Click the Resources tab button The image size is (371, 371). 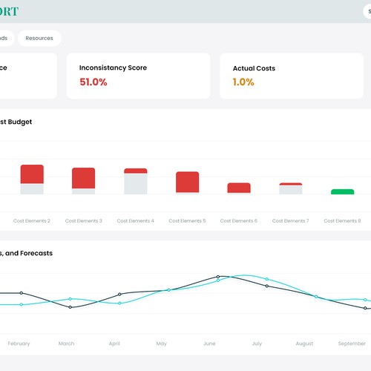click(x=39, y=38)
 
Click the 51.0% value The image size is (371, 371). click(x=93, y=82)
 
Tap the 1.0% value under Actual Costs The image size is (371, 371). click(x=243, y=82)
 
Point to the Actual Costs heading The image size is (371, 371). click(x=254, y=68)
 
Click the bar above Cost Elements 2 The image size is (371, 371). click(x=32, y=179)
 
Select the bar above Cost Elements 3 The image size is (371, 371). click(x=84, y=180)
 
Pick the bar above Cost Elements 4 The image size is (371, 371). click(x=136, y=181)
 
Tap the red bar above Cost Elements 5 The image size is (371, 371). click(x=187, y=183)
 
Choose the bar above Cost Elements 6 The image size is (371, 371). click(x=239, y=188)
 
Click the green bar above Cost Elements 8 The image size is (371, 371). click(x=342, y=191)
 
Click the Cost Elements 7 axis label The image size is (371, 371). click(x=291, y=220)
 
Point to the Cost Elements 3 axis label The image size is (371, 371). click(x=84, y=220)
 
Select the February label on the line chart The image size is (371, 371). click(x=19, y=344)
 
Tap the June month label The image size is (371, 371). click(x=209, y=344)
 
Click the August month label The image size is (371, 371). click(x=304, y=344)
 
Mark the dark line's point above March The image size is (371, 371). click(x=70, y=307)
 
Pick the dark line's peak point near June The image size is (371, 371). click(x=218, y=277)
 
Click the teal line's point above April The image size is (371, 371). click(x=119, y=303)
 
